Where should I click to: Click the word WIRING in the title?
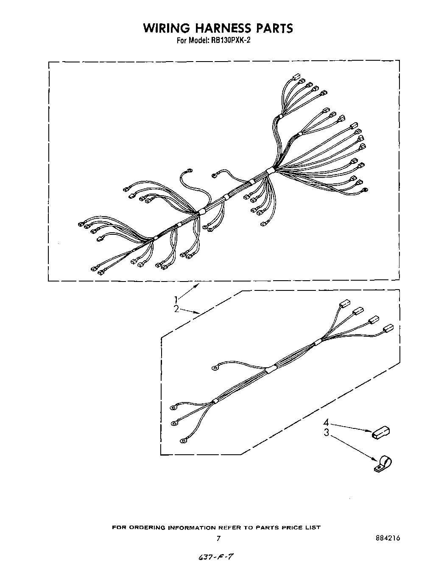(x=166, y=28)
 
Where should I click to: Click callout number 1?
(x=177, y=299)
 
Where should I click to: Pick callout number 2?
(x=177, y=309)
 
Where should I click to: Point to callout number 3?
(x=327, y=433)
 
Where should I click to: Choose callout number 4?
(x=327, y=423)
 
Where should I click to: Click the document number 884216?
(x=388, y=538)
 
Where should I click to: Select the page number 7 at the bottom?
(x=218, y=538)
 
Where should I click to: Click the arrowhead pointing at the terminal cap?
(x=370, y=431)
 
